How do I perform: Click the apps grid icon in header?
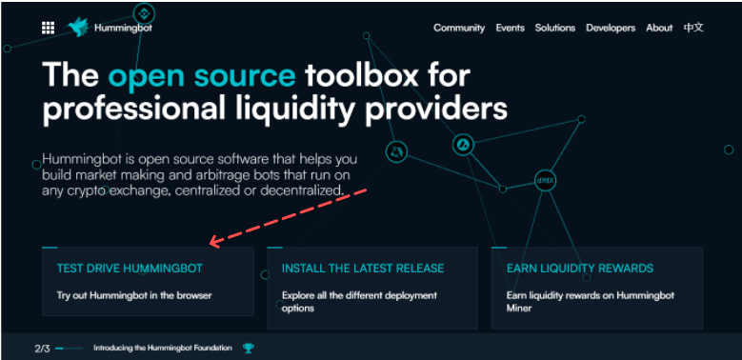tap(48, 28)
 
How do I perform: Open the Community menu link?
tap(459, 28)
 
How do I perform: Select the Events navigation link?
tap(510, 28)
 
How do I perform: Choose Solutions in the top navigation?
tap(554, 28)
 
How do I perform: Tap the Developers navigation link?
tap(611, 28)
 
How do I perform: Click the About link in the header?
tap(659, 28)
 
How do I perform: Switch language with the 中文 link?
tap(693, 28)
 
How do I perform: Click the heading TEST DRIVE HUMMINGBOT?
tap(130, 269)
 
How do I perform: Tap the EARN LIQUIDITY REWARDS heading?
tap(580, 269)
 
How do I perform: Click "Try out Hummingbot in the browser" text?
tap(133, 295)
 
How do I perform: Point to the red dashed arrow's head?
tap(212, 245)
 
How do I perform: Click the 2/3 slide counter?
tap(42, 349)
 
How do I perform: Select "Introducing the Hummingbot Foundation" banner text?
tap(162, 349)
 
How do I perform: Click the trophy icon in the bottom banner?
tap(249, 349)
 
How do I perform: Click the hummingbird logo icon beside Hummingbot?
tap(79, 28)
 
